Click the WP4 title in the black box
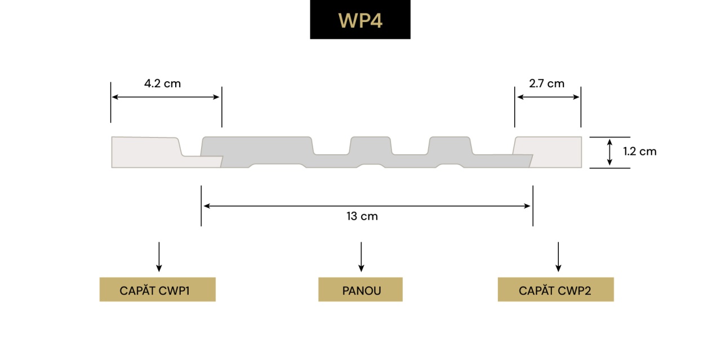click(360, 20)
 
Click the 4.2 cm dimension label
click(162, 83)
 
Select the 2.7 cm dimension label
click(546, 83)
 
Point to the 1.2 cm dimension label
click(639, 151)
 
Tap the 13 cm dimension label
click(362, 216)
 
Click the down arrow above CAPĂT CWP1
click(159, 257)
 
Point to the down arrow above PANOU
click(361, 257)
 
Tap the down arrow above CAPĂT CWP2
click(558, 257)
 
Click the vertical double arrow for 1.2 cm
click(609, 153)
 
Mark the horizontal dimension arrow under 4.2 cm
click(165, 97)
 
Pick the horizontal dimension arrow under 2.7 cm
click(548, 97)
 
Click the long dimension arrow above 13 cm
click(367, 206)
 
